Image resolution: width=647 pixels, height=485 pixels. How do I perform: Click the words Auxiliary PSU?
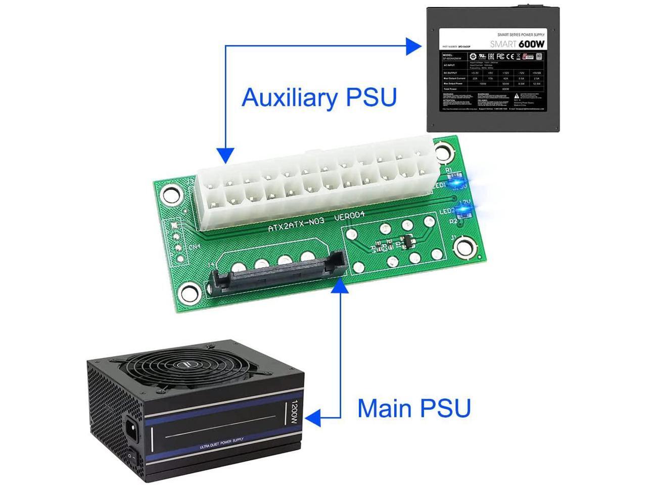(x=319, y=97)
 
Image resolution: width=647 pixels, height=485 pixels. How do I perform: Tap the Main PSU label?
(x=414, y=408)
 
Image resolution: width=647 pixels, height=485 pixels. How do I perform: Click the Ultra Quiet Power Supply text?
(x=221, y=443)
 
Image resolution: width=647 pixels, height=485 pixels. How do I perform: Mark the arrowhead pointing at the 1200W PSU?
(x=314, y=417)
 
